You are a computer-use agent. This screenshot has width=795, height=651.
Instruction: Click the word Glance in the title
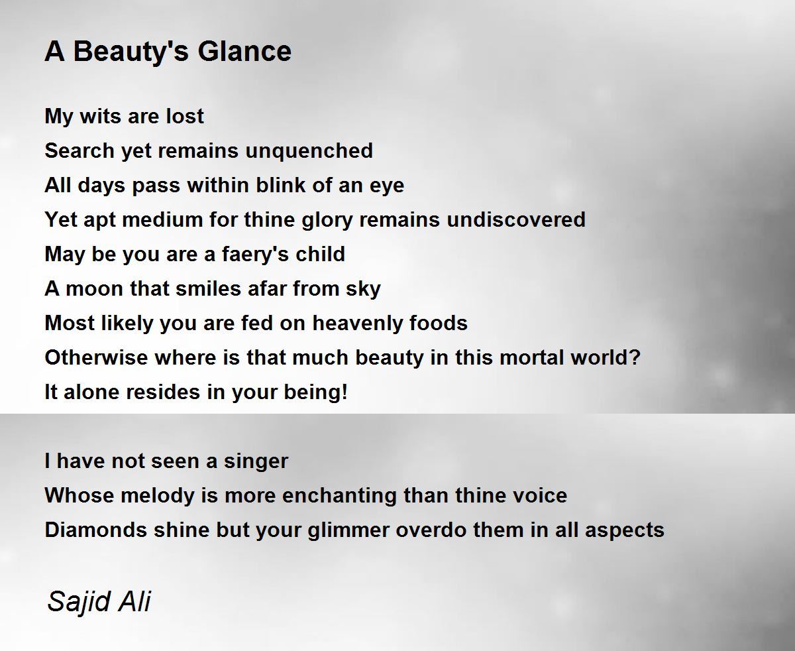[x=244, y=51]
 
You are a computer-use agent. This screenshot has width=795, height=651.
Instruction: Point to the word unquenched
[x=309, y=152]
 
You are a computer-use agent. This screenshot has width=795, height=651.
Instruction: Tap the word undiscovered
[x=516, y=219]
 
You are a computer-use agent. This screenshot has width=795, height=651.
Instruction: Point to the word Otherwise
[x=96, y=357]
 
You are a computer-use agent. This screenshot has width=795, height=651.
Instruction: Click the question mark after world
[x=635, y=357]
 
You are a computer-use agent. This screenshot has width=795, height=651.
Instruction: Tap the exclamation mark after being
[x=344, y=392]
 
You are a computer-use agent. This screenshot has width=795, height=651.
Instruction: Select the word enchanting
[x=339, y=497]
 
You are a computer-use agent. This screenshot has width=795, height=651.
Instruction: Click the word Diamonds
[x=96, y=530]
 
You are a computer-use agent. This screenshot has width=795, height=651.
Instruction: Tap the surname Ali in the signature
[x=134, y=601]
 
